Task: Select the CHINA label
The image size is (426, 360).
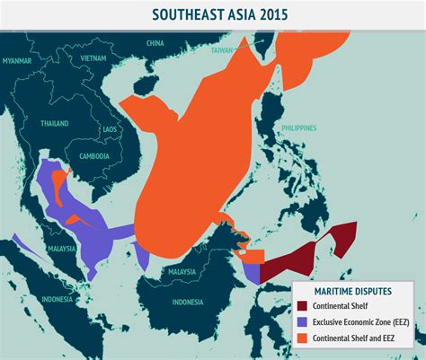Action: (x=155, y=42)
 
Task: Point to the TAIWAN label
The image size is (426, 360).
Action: (x=221, y=50)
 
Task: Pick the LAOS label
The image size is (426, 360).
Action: (x=110, y=129)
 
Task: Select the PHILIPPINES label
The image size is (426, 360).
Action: (x=303, y=127)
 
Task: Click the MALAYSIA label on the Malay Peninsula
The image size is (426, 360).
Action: (x=61, y=248)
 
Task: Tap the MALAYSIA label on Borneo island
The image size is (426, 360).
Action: (x=182, y=271)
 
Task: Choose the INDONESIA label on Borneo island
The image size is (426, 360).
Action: (x=187, y=301)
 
